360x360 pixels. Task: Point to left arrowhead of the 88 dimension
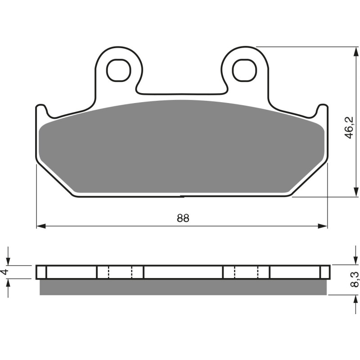coord(40,225)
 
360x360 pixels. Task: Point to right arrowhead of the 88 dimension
coord(323,225)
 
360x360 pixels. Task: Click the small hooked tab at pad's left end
coord(41,109)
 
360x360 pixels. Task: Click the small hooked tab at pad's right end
coord(322,109)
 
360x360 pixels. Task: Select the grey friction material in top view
coord(182,148)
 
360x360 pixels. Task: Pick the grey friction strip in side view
coord(182,287)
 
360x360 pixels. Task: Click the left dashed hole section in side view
coord(120,272)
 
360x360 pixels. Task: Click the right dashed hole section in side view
coord(246,272)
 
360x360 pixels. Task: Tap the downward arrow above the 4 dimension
coord(8,261)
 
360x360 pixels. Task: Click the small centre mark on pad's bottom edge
coord(182,196)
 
